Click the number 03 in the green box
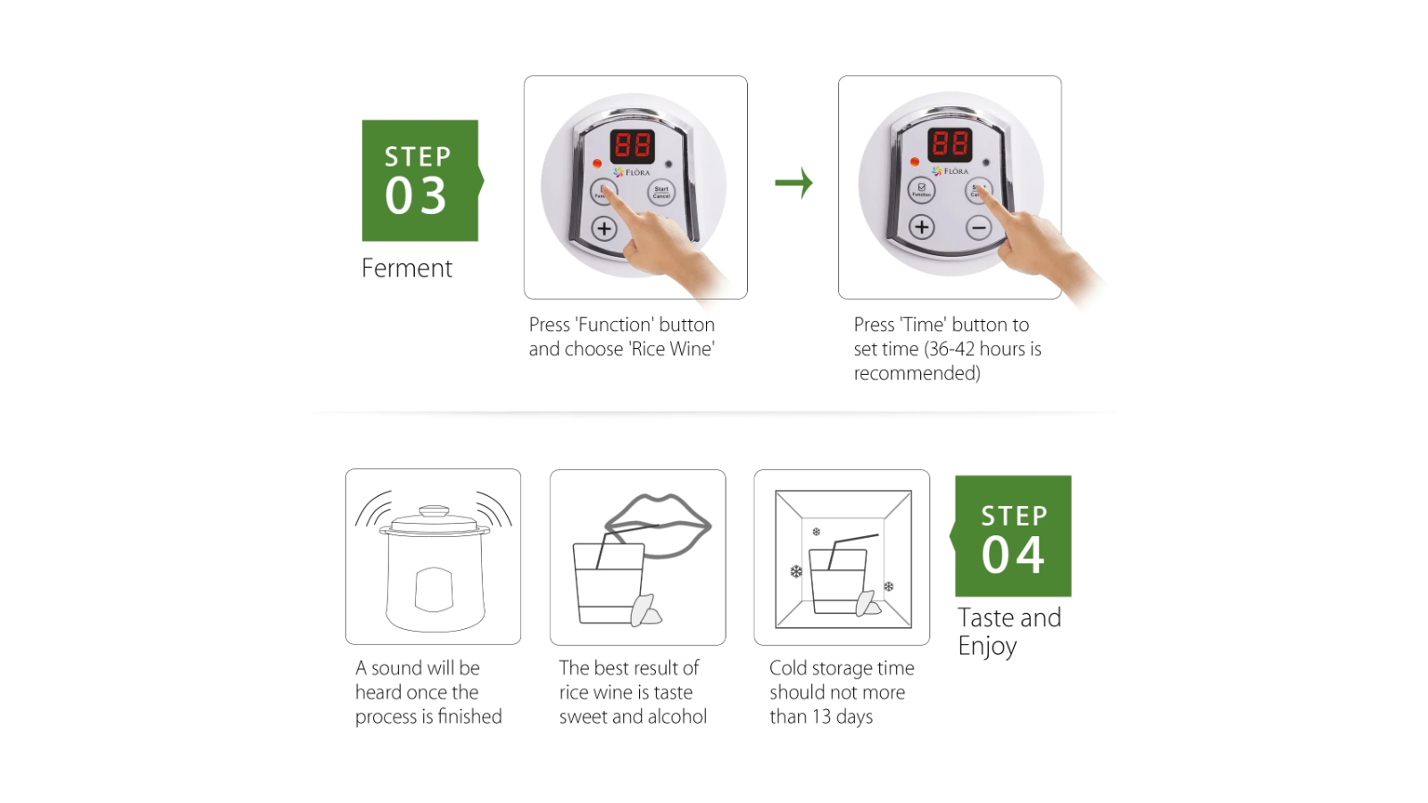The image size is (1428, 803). point(416,196)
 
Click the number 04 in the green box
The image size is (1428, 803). point(1013,555)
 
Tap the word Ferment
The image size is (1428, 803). point(407,269)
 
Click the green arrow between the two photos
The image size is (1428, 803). point(793,183)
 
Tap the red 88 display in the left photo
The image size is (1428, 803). point(633,145)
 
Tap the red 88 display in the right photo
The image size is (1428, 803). point(950,144)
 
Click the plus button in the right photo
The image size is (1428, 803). point(922,228)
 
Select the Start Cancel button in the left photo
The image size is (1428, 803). point(661,192)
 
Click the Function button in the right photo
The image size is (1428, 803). point(921,189)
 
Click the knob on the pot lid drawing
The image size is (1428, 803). point(435,511)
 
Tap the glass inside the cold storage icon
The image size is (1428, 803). point(837,580)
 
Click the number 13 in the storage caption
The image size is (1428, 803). point(821,717)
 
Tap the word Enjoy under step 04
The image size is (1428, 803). point(987,646)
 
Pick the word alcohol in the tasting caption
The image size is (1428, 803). point(677,717)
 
